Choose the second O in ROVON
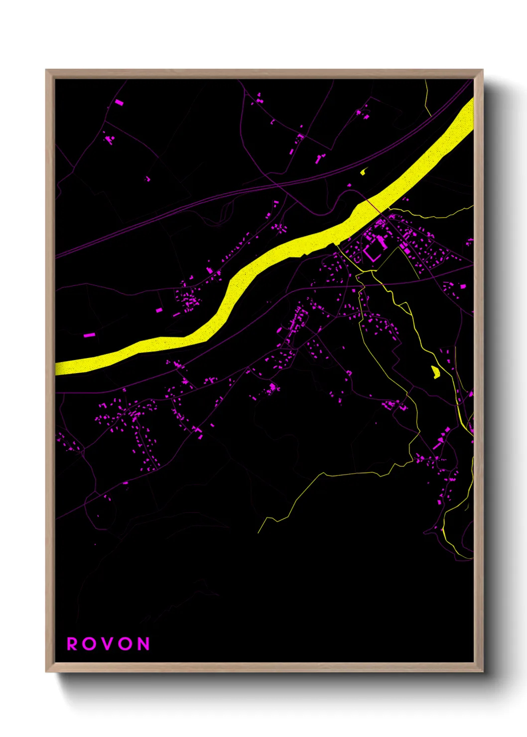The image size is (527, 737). pos(126,644)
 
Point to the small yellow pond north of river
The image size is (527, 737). pos(363,172)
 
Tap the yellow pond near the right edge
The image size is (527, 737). pos(435,371)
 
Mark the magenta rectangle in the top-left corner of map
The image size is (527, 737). pos(119,103)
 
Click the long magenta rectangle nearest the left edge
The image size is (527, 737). pos(89,335)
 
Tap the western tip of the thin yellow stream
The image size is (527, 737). pos(259,532)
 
